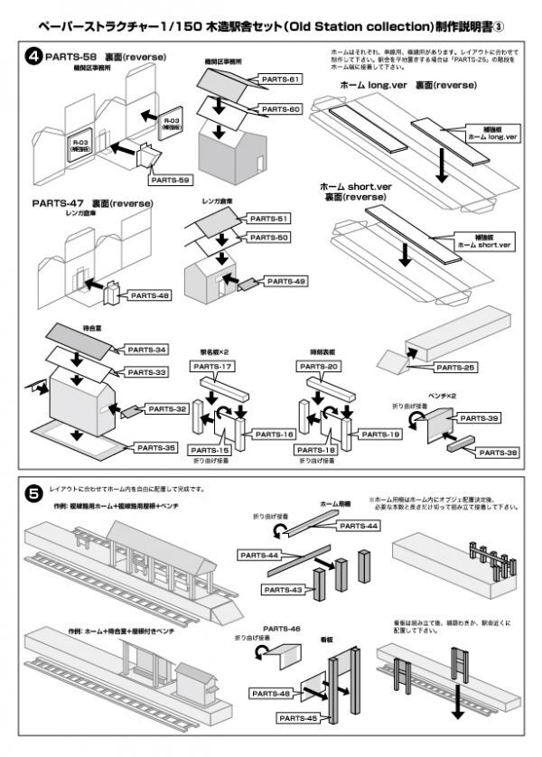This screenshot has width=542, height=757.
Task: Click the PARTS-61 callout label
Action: [280, 79]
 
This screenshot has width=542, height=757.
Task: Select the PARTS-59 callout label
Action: [171, 180]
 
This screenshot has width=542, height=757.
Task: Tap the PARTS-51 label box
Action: [269, 219]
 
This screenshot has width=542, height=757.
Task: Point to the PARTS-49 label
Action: [286, 282]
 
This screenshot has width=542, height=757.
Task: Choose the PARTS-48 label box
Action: [150, 294]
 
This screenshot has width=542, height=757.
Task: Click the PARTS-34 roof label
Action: [147, 350]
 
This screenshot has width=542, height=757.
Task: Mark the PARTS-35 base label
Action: [157, 447]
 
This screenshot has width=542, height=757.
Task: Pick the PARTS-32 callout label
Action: [168, 409]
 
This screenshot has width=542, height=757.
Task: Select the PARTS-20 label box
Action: [321, 367]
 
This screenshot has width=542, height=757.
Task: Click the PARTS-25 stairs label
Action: [455, 368]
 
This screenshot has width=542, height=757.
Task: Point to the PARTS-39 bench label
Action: [479, 419]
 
